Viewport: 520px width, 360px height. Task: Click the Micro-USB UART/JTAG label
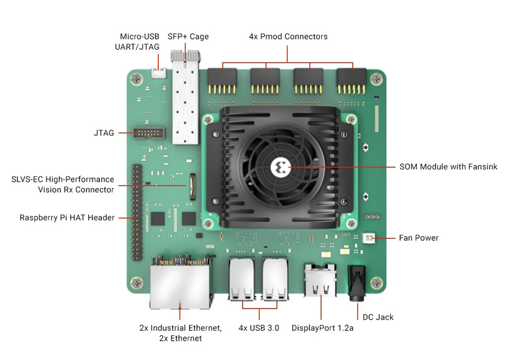[x=137, y=42]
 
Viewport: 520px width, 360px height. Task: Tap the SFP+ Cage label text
[x=188, y=37]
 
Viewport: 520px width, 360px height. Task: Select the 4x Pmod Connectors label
[x=288, y=37]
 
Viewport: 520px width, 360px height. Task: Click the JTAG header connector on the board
[x=149, y=133]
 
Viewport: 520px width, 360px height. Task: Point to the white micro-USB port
[x=158, y=73]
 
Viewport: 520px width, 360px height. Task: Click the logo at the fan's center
[x=281, y=167]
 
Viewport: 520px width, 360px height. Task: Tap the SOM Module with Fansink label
[x=448, y=166]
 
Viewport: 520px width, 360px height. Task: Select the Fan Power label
[x=419, y=238]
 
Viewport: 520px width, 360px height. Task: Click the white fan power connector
[x=369, y=238]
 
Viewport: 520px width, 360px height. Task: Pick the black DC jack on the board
[x=357, y=282]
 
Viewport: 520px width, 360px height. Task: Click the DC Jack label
[x=378, y=317]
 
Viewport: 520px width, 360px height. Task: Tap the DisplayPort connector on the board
[x=321, y=280]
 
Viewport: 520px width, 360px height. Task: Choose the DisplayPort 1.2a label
[x=322, y=328]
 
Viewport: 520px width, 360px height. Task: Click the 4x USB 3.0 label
[x=258, y=328]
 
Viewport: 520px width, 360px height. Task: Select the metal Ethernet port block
[x=180, y=282]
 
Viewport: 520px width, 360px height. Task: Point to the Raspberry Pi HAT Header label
[x=66, y=218]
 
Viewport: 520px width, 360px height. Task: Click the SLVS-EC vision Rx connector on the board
[x=193, y=186]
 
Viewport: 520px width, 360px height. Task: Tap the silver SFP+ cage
[x=185, y=97]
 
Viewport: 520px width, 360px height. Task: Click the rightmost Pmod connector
[x=352, y=81]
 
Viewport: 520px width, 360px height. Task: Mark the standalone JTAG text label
[x=104, y=133]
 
